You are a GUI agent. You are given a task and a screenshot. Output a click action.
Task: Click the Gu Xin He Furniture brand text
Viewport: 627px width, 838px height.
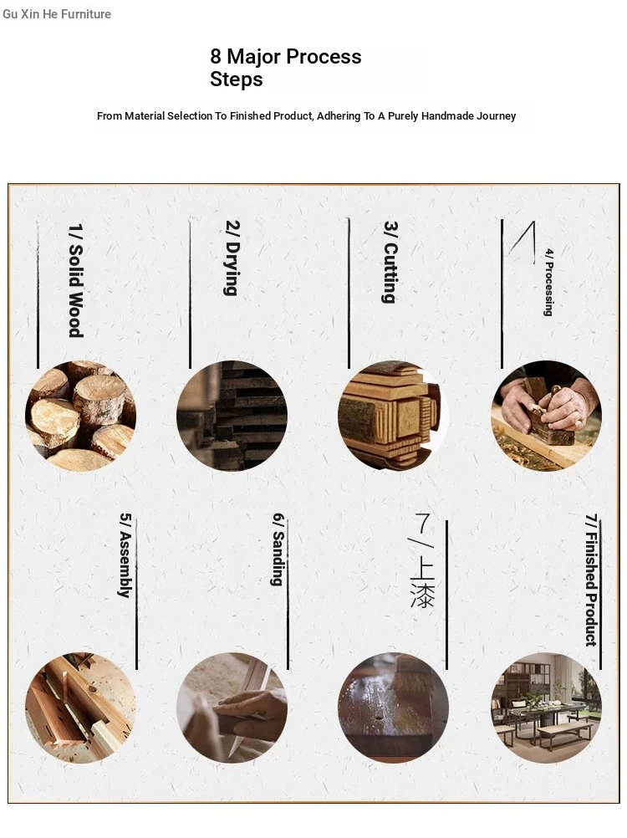click(x=57, y=14)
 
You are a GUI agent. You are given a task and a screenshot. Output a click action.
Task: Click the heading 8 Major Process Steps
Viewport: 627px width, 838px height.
click(x=286, y=68)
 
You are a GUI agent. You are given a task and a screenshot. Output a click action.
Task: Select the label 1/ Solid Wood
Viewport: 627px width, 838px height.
click(x=76, y=280)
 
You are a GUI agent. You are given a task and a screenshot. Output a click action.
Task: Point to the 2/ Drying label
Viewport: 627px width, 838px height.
click(x=232, y=258)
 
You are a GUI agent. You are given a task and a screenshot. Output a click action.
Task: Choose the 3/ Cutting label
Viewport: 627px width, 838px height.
click(x=390, y=263)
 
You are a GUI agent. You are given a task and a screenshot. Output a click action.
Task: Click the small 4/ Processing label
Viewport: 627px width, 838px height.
click(x=548, y=283)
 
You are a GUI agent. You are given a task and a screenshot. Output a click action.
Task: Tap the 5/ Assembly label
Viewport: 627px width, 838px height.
click(x=125, y=555)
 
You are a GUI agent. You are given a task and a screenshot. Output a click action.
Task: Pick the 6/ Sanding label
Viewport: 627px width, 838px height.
click(x=278, y=550)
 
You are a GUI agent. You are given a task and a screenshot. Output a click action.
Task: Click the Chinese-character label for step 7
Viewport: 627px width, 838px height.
click(x=422, y=560)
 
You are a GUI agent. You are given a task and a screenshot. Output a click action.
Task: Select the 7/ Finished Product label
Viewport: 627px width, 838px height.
click(x=591, y=580)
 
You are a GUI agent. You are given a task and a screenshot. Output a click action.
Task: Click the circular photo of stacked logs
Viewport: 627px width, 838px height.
click(x=80, y=416)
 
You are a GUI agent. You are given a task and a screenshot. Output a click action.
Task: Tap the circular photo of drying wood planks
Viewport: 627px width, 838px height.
click(x=232, y=416)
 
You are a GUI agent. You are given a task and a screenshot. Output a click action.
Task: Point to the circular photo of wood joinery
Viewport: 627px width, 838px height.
click(x=80, y=708)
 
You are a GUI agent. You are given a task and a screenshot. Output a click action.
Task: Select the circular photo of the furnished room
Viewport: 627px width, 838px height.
click(x=547, y=708)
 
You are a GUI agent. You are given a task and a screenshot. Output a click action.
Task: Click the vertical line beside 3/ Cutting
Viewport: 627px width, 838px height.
click(x=349, y=293)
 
